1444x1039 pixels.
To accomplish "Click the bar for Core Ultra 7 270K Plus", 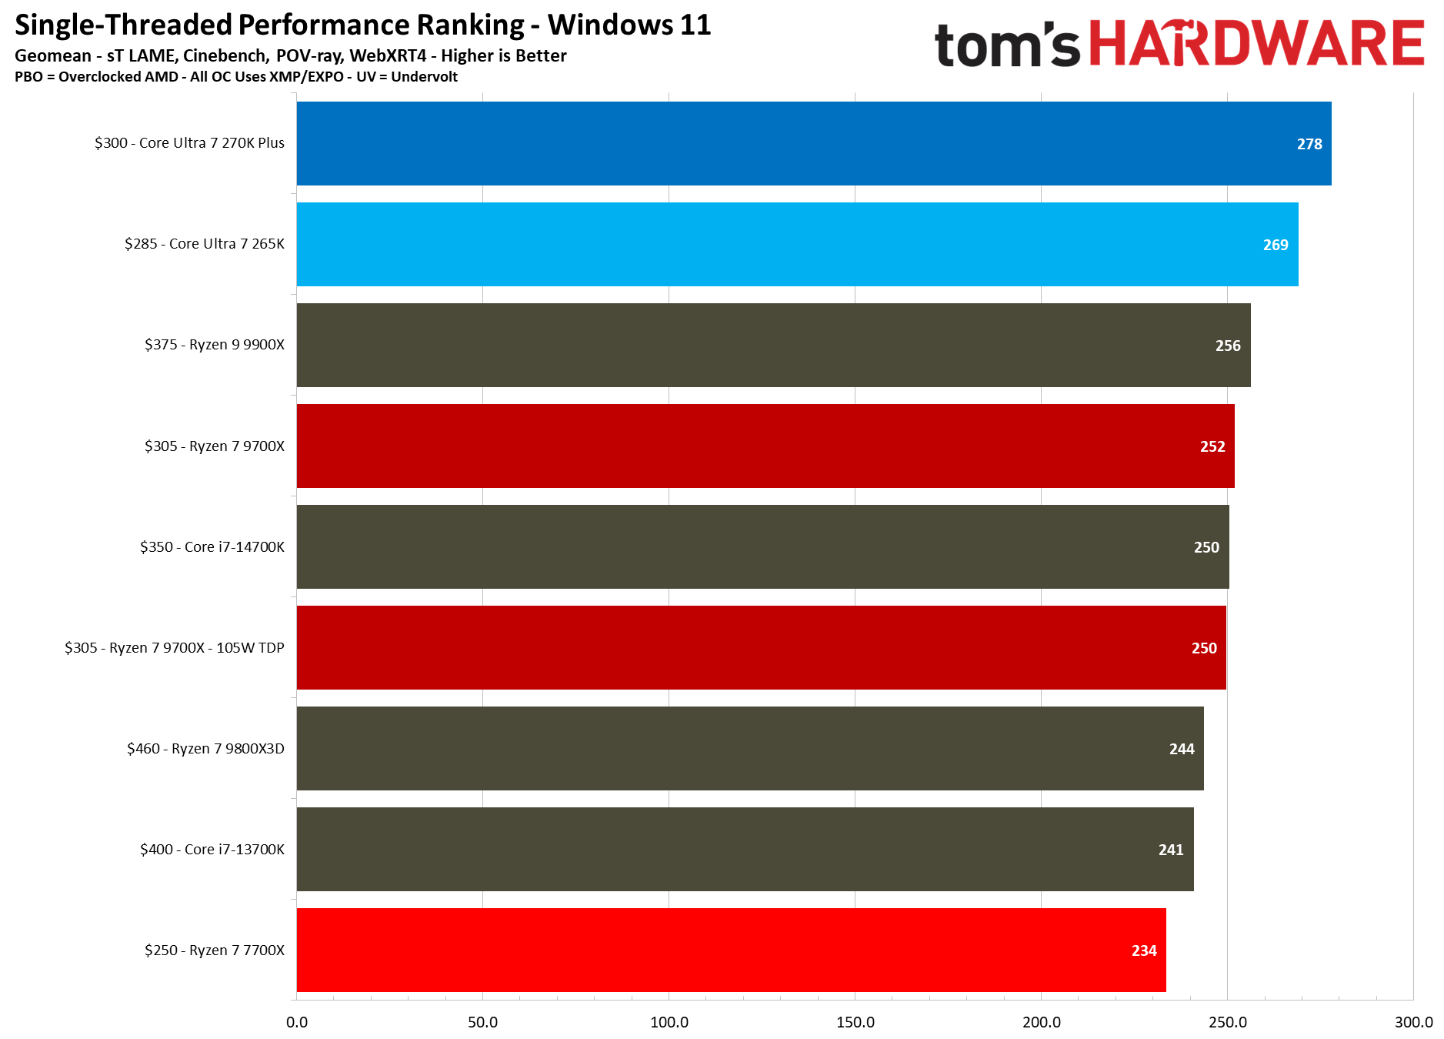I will [813, 143].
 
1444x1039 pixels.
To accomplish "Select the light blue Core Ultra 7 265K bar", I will [797, 244].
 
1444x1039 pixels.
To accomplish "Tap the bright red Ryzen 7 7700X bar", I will [731, 950].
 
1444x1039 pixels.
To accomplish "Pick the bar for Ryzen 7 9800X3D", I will [749, 748].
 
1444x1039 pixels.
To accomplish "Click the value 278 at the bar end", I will [1309, 144].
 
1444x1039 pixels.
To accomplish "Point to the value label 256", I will [1227, 346].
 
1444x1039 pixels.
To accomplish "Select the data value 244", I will [1181, 749].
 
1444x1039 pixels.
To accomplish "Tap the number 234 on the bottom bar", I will [1143, 950].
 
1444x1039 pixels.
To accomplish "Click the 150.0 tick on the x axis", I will [855, 1022].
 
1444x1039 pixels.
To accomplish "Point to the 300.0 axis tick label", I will [1413, 1022].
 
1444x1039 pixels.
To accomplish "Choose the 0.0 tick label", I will [297, 1022].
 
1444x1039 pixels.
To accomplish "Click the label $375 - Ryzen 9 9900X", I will [214, 345].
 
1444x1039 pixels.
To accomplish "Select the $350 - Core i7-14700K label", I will [212, 547].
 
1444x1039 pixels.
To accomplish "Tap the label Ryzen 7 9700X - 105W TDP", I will [196, 648].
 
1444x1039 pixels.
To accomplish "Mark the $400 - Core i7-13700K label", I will [212, 850].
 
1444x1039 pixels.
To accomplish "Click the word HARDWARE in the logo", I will [1257, 44].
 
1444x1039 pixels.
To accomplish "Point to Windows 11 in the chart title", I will [629, 25].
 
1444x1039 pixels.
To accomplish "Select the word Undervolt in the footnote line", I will [424, 77].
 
